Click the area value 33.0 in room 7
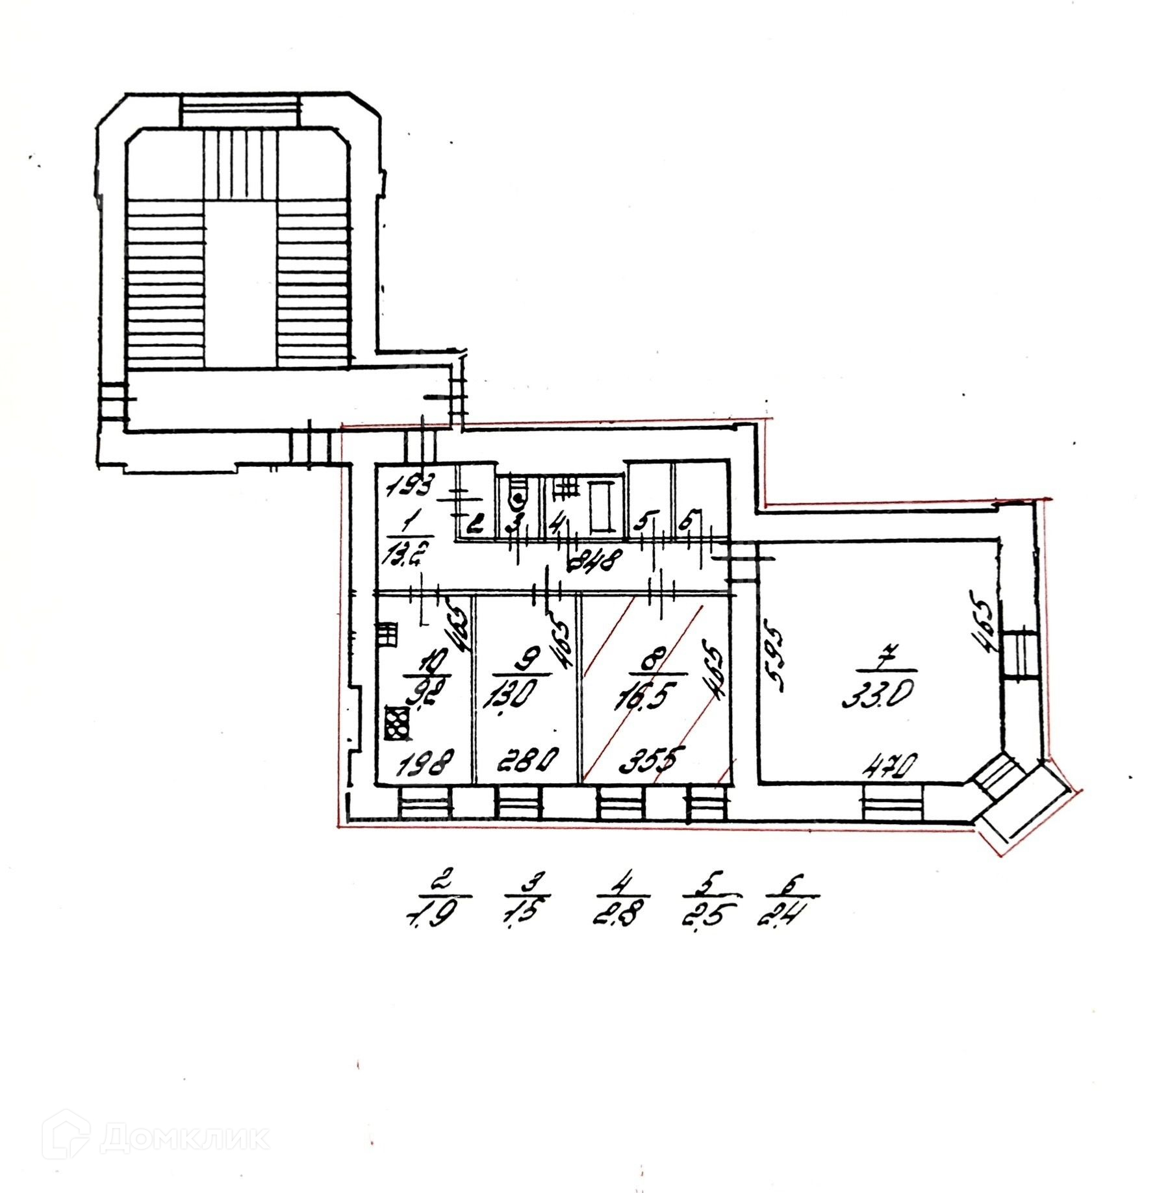click(872, 698)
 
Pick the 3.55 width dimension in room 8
click(644, 760)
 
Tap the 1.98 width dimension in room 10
click(426, 760)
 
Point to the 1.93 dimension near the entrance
click(410, 487)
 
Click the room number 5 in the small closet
click(644, 521)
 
